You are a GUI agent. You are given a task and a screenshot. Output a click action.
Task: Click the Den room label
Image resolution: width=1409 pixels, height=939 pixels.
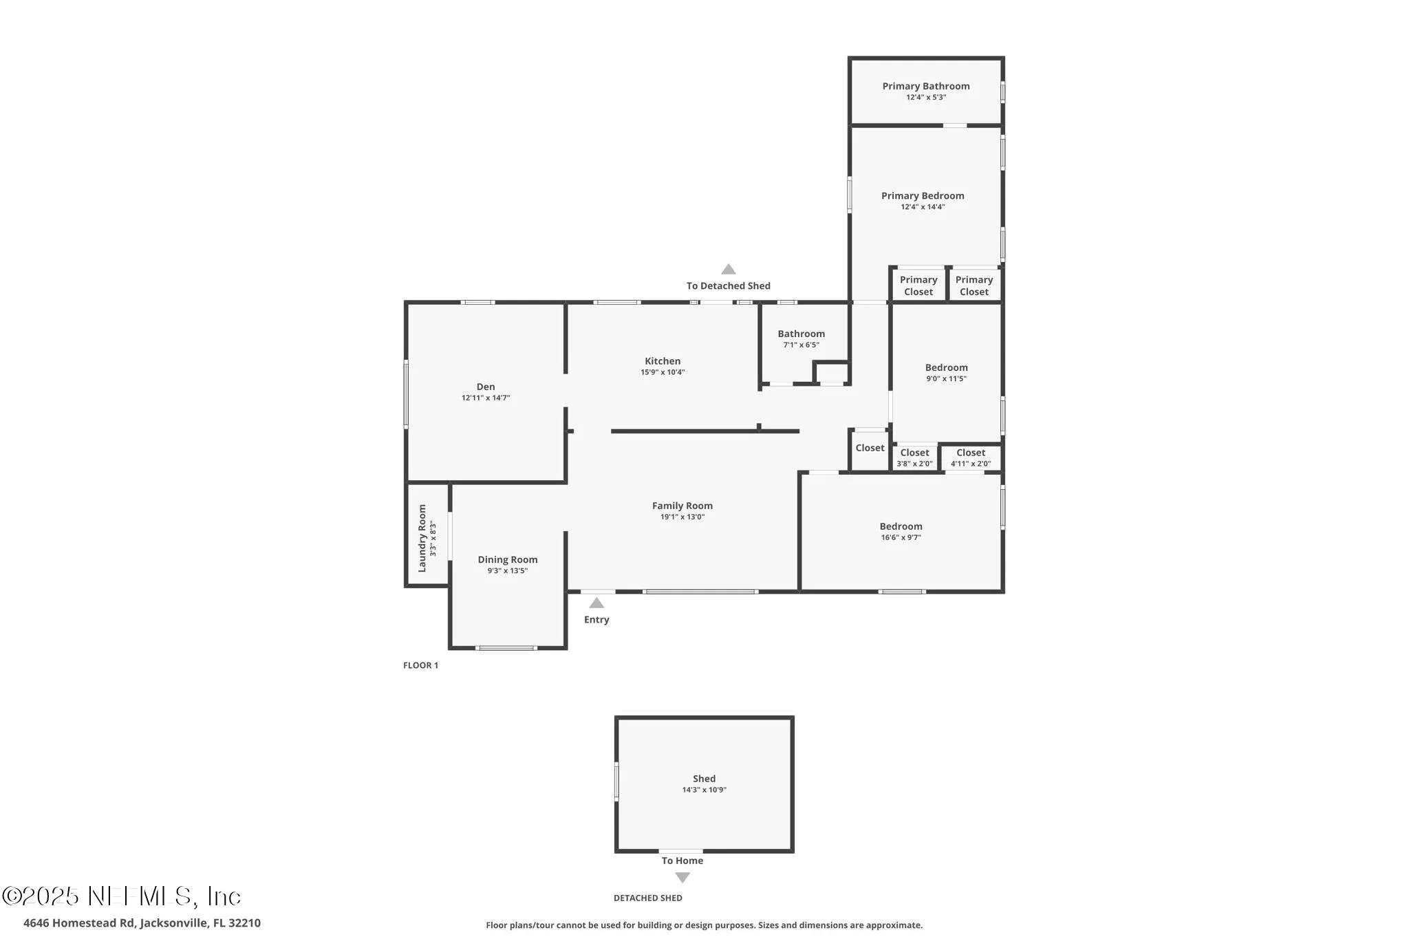485,387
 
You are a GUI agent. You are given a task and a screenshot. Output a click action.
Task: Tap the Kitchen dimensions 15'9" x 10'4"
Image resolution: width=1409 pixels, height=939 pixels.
663,372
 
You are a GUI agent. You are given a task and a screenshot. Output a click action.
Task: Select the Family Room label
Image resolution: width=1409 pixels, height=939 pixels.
682,506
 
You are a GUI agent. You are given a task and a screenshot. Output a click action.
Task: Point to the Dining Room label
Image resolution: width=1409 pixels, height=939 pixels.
508,560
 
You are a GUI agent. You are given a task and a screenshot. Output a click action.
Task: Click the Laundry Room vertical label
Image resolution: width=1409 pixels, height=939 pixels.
422,538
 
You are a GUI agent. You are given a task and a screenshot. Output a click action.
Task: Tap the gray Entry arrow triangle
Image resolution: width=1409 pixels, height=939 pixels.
596,603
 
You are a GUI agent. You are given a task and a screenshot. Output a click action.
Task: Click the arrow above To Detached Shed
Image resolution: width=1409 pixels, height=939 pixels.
728,270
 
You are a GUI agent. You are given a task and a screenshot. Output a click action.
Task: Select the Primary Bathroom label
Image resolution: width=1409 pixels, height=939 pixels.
925,86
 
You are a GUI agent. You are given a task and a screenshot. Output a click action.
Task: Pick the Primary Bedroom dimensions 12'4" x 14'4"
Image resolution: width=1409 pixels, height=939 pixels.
923,206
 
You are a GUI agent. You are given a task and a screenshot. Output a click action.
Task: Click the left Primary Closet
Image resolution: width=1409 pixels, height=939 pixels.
918,285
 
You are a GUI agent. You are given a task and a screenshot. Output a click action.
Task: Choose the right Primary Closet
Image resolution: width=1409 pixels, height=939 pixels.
974,285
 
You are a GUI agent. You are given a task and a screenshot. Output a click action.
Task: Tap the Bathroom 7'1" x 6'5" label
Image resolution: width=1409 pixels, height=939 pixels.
801,338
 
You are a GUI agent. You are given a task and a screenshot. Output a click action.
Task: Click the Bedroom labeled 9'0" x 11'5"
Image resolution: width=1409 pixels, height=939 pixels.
946,372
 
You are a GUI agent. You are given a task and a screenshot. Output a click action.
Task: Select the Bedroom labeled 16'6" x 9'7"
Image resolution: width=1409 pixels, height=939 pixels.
901,531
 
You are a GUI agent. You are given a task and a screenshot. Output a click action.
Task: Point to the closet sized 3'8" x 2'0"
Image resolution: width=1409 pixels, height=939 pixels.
914,457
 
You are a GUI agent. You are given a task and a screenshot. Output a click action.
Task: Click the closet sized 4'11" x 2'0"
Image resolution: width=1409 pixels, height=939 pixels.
971,457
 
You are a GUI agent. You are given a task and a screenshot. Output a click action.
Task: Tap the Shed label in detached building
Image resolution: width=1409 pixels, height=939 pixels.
704,779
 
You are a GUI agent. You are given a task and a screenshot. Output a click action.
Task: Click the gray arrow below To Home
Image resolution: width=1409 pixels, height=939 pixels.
682,877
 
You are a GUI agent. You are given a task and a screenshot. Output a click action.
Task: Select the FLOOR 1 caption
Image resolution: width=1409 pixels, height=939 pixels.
420,665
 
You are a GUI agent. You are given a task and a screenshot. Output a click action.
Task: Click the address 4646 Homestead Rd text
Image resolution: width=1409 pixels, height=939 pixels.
142,922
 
